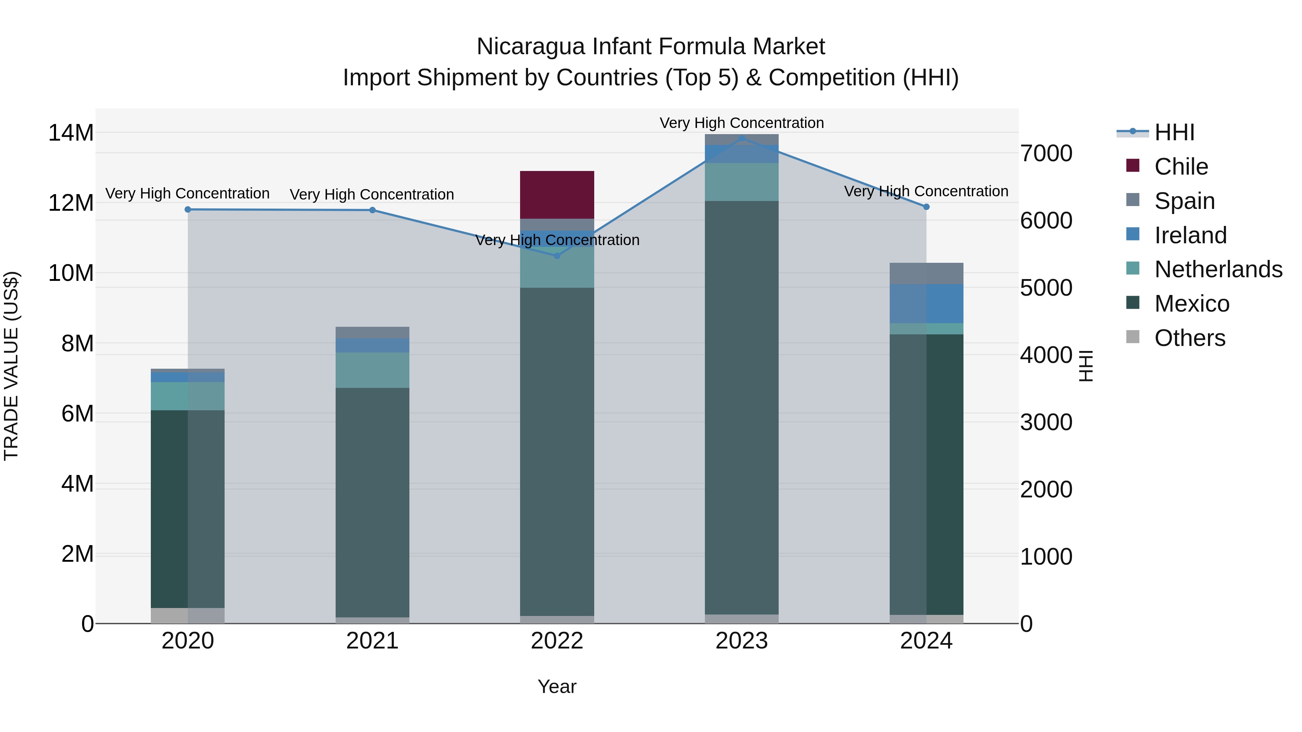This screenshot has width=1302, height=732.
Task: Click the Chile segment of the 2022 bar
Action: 557,194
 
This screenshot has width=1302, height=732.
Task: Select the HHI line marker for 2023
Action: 741,138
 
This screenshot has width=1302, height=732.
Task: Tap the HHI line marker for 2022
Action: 557,256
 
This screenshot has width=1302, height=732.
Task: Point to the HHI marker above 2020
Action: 187,209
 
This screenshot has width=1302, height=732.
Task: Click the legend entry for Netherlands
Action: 1218,269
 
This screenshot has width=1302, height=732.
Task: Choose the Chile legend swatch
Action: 1133,166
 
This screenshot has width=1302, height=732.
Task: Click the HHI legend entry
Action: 1174,132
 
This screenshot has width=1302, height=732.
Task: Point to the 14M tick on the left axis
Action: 71,133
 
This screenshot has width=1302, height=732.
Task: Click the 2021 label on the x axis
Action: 372,641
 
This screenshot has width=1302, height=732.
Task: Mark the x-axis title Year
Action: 557,686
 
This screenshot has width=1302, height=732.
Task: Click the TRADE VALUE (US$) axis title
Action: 11,366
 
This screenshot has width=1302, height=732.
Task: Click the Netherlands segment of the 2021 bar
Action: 372,370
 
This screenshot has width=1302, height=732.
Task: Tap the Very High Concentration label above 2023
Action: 741,123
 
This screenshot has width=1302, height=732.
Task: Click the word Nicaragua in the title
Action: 531,47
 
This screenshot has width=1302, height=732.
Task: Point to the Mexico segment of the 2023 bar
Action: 741,407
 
